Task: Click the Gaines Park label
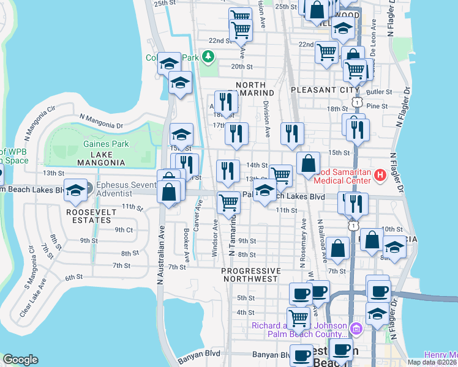click(x=98, y=144)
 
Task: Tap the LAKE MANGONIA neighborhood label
click(x=101, y=163)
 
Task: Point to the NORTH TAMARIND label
click(x=250, y=89)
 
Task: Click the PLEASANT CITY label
click(x=315, y=89)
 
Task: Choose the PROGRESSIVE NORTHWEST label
click(x=250, y=275)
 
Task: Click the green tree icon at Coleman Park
click(x=209, y=57)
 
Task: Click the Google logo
click(x=20, y=360)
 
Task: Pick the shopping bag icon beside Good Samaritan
click(x=309, y=164)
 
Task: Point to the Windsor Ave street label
click(x=215, y=235)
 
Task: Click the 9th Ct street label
click(x=124, y=230)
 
